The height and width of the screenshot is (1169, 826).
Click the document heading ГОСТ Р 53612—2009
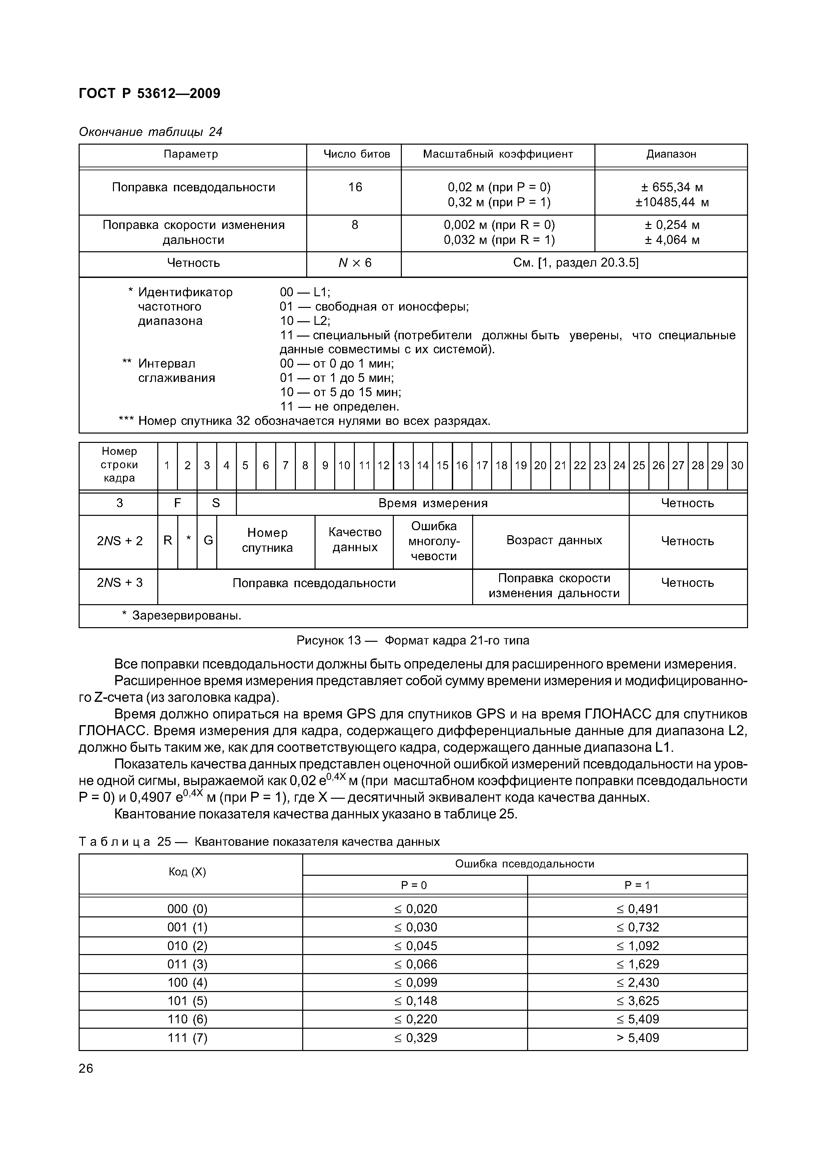tap(150, 94)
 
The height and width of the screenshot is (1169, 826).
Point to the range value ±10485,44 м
tap(671, 202)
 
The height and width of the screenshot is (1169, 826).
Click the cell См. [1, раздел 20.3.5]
tap(575, 263)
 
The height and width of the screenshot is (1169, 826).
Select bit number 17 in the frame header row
tap(481, 465)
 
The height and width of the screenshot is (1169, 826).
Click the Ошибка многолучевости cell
tap(433, 541)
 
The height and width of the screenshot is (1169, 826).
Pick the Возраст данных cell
tap(554, 540)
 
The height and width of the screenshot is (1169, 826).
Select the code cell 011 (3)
tap(187, 964)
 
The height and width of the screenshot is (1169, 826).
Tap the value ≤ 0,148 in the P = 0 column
tap(415, 1001)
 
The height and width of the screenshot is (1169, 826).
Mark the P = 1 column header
tap(637, 885)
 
